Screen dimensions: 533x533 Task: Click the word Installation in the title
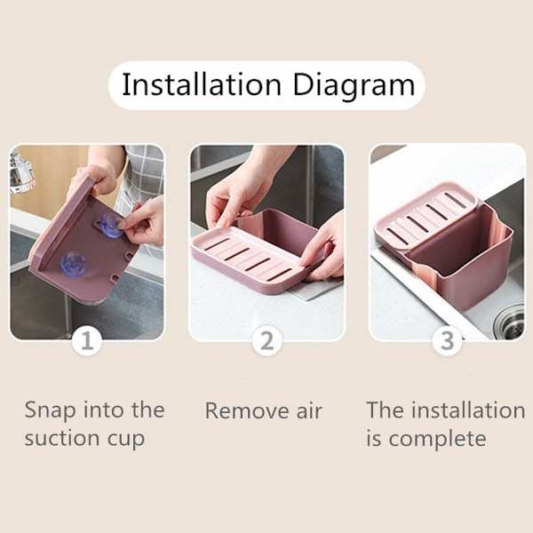click(x=202, y=84)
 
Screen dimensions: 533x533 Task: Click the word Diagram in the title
click(x=354, y=86)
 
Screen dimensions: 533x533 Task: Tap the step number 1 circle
click(x=87, y=340)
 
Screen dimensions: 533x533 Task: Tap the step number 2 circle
click(x=266, y=340)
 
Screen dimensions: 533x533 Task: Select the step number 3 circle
click(x=447, y=340)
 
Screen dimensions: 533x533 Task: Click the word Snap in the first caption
click(x=51, y=411)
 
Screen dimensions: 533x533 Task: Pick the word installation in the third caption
click(x=469, y=410)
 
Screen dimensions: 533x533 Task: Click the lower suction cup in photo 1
click(x=74, y=264)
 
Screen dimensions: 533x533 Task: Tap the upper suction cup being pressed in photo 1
click(x=111, y=225)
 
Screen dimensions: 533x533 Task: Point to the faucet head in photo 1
click(x=21, y=173)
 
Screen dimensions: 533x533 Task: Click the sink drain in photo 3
click(x=509, y=322)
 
